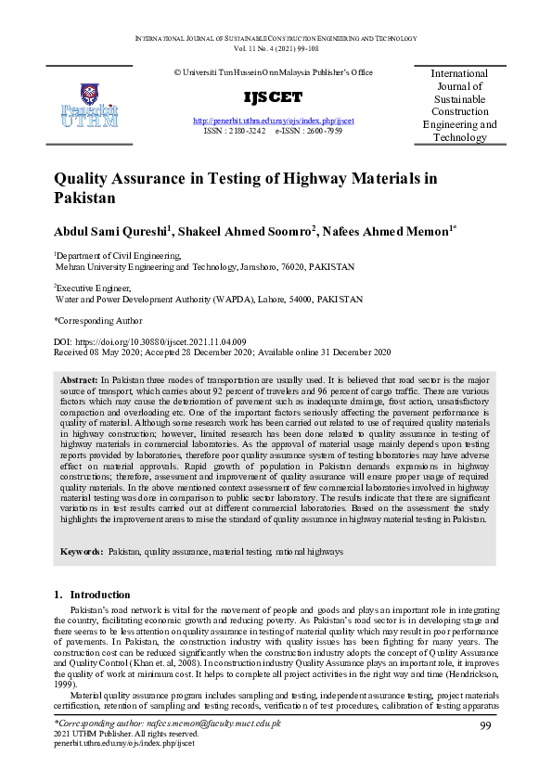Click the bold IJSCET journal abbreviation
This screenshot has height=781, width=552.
(273, 97)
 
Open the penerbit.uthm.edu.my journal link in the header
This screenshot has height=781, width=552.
(273, 122)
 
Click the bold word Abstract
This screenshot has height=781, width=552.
(79, 381)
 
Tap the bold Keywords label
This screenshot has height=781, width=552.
(82, 552)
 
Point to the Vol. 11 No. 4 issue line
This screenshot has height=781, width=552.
(276, 46)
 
